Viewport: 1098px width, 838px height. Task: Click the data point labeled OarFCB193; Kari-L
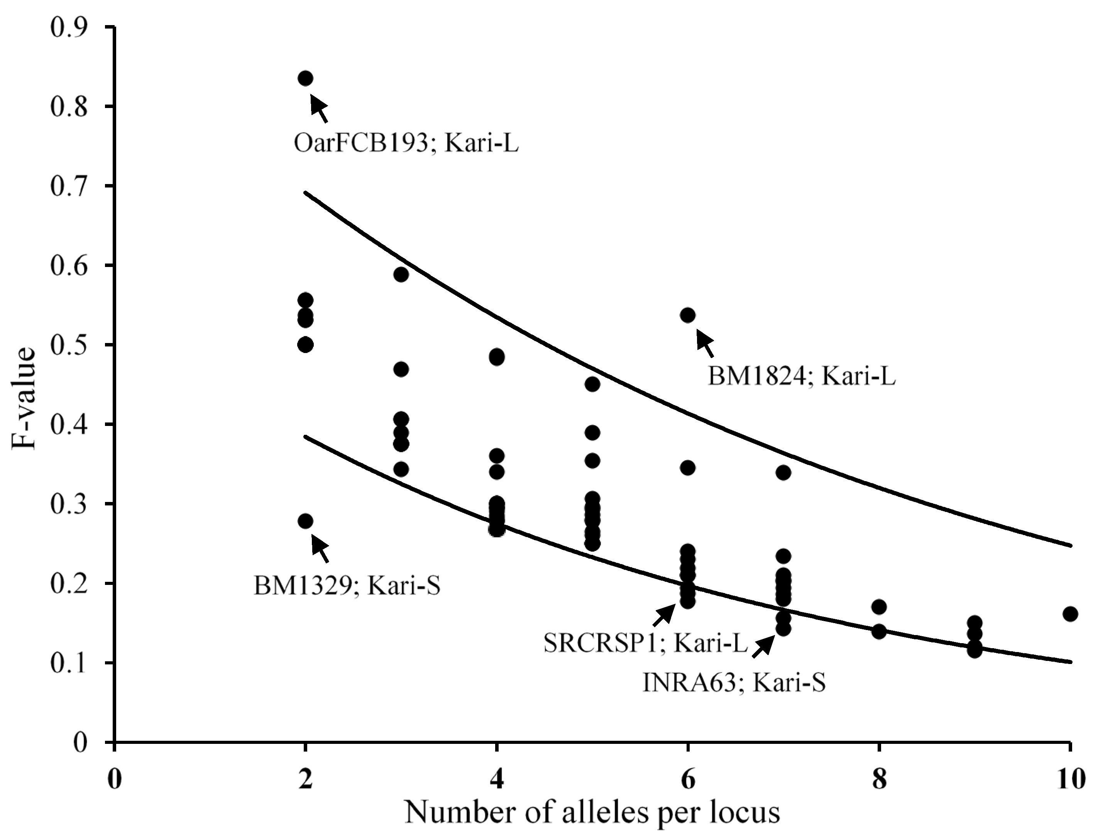(305, 78)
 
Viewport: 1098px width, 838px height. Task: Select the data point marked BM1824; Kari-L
(687, 315)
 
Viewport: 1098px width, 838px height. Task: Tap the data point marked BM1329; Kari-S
(305, 521)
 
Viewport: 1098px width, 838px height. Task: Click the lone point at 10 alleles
(1069, 614)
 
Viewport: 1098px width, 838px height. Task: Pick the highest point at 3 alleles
(401, 274)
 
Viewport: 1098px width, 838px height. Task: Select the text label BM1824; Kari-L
(801, 377)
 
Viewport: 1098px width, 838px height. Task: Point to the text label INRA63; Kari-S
(734, 683)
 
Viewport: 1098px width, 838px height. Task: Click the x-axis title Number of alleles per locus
(592, 813)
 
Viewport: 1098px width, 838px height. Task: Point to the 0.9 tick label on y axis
(69, 27)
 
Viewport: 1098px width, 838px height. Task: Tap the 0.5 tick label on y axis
(69, 345)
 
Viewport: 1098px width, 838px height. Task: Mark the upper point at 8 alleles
(879, 607)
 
